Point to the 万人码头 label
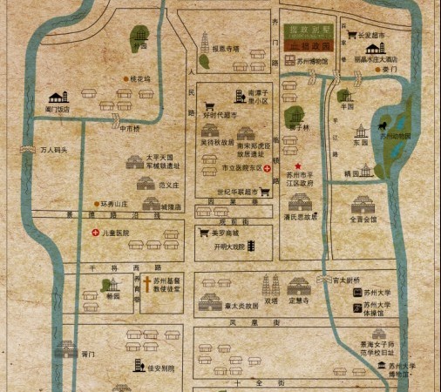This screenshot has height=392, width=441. (x=54, y=150)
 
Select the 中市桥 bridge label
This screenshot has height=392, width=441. (x=129, y=129)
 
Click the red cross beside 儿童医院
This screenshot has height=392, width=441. (x=96, y=233)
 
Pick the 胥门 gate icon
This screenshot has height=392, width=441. (x=64, y=351)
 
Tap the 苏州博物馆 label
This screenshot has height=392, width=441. (x=310, y=62)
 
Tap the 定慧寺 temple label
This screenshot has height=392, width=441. (x=300, y=301)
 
